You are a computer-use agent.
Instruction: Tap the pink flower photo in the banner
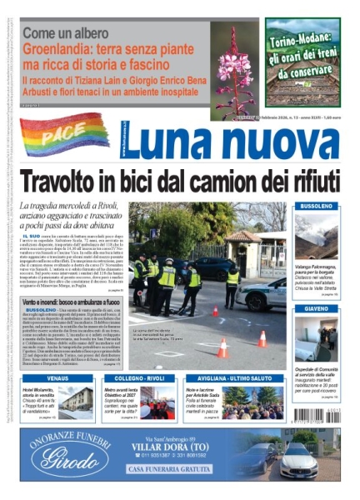coord(234,70)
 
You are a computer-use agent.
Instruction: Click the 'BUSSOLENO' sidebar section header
coord(317,206)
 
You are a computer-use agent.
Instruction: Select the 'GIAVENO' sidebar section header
coord(317,308)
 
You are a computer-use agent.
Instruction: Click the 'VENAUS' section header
coord(57,378)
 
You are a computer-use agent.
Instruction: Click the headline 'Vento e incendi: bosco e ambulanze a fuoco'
coord(70,301)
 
